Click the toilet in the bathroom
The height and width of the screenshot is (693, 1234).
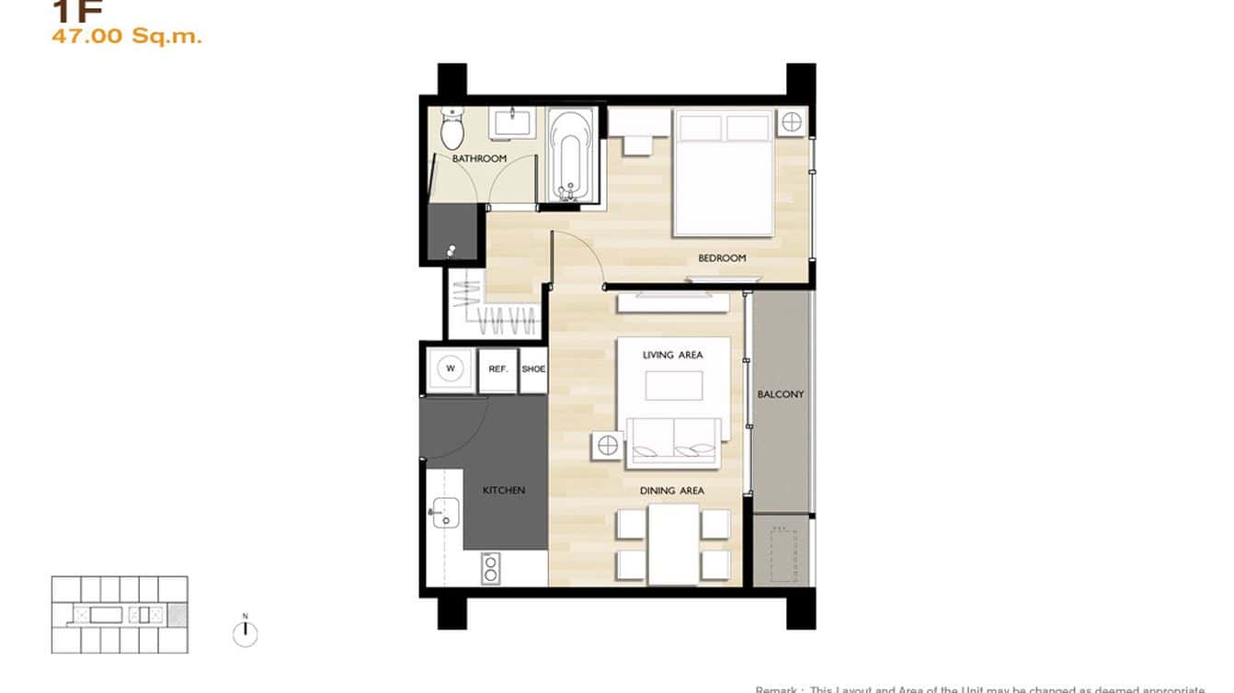pos(451,129)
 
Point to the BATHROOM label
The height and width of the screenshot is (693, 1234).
pos(479,159)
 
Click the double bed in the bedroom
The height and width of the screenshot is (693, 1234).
pos(723,173)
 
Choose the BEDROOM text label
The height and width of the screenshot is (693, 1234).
pos(722,258)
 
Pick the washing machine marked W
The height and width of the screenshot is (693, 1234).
pos(451,369)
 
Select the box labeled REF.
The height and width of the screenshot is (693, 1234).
pos(498,369)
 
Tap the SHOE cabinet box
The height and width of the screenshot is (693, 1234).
pos(533,369)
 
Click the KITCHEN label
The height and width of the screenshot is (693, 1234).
pos(504,491)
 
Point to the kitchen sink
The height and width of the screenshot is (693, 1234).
pos(445,512)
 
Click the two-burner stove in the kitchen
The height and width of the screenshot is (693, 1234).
pos(491,568)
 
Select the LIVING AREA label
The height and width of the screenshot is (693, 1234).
pos(672,355)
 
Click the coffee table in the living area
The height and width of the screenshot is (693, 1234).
pos(673,385)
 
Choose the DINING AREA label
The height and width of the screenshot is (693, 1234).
pos(672,491)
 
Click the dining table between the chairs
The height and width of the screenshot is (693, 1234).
pos(673,543)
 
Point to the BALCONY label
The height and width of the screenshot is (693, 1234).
pos(781,394)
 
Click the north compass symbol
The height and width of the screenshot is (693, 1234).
pos(245,632)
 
